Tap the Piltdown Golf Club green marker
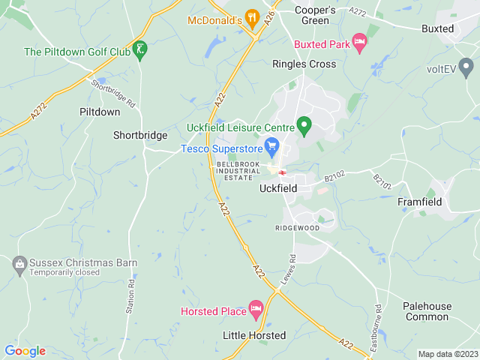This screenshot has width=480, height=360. tap(139, 51)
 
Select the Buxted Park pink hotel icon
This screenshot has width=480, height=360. tap(359, 44)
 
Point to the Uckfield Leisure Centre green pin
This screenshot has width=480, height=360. tap(304, 125)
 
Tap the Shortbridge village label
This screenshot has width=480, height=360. tap(140, 135)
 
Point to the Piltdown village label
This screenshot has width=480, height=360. tap(100, 111)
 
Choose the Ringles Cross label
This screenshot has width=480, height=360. tap(304, 64)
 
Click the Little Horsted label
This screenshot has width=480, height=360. tap(254, 335)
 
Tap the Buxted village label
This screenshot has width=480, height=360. tap(437, 28)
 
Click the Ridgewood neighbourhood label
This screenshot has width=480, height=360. tap(297, 228)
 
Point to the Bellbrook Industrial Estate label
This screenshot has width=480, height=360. tap(238, 169)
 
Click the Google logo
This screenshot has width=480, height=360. tap(25, 350)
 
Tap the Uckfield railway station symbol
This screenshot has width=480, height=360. tap(282, 172)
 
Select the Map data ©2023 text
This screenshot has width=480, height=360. tap(447, 354)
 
